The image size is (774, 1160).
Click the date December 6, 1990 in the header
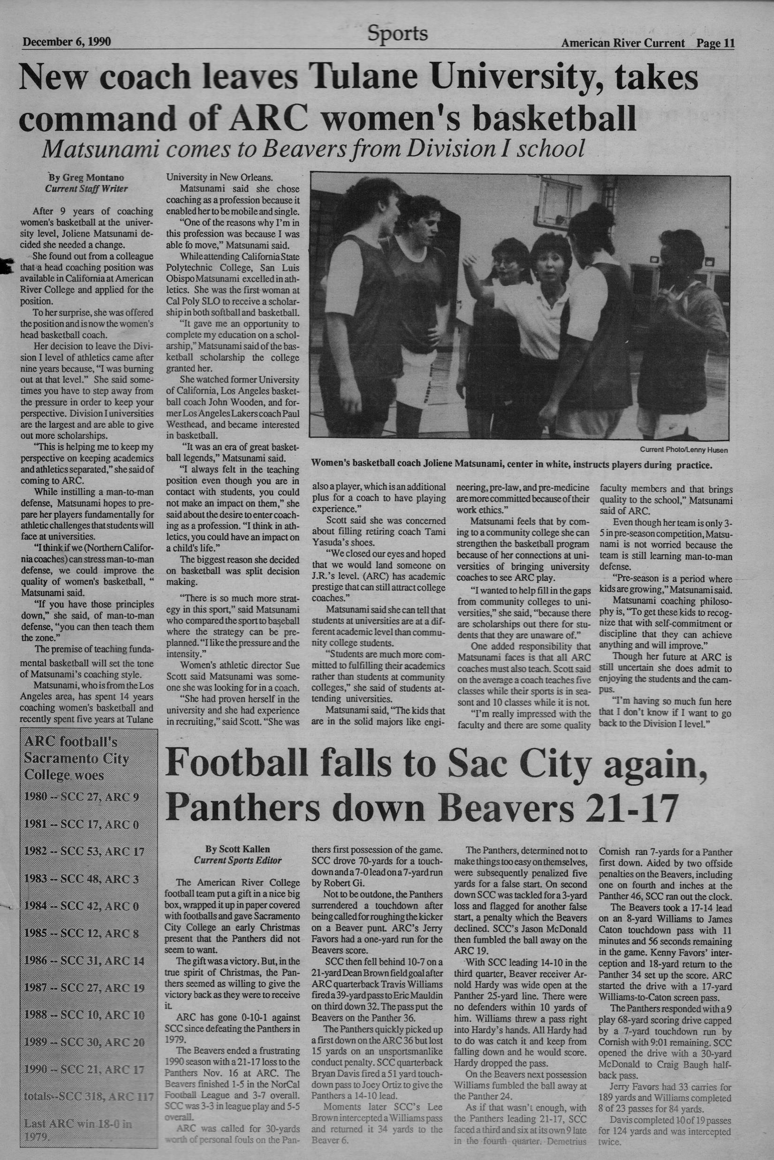[67, 42]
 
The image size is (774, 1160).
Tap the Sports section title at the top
[397, 34]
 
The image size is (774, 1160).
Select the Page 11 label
[715, 43]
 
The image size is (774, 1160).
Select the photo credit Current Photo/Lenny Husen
[683, 450]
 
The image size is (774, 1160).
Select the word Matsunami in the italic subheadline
[100, 148]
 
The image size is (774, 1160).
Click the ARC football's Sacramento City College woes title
[76, 758]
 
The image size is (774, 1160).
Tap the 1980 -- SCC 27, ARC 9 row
[82, 797]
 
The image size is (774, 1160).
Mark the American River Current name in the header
[622, 43]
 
